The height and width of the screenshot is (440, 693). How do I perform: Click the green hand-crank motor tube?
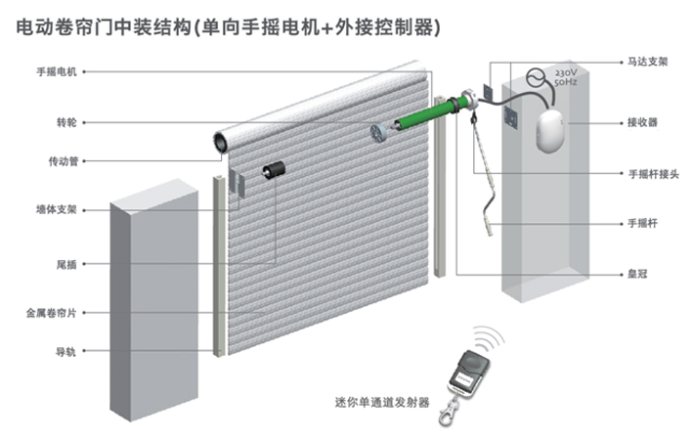click(x=424, y=113)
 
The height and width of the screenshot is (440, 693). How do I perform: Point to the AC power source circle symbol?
click(x=536, y=76)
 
